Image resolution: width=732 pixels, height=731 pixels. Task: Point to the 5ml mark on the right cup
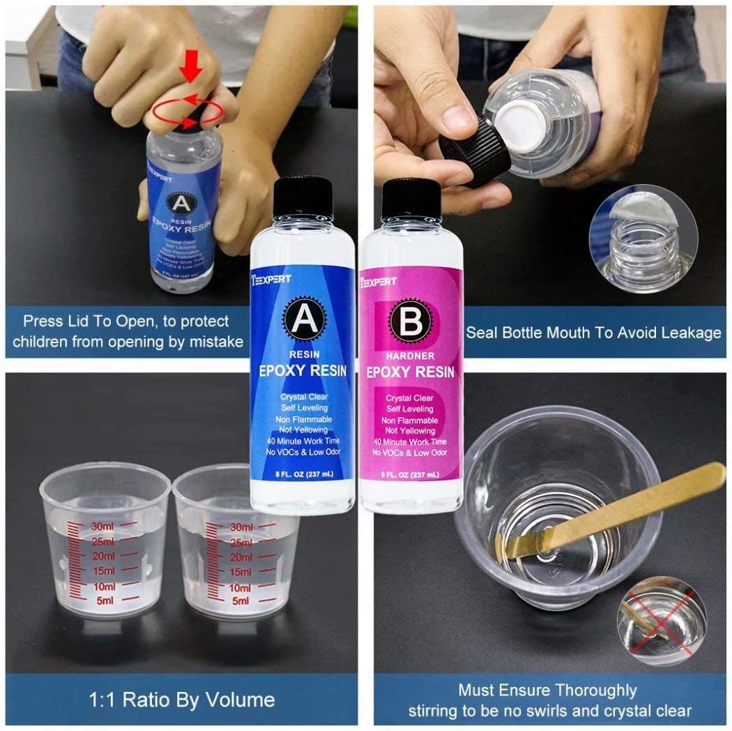(x=241, y=600)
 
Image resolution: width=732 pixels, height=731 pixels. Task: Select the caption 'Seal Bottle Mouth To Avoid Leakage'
(x=593, y=333)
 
